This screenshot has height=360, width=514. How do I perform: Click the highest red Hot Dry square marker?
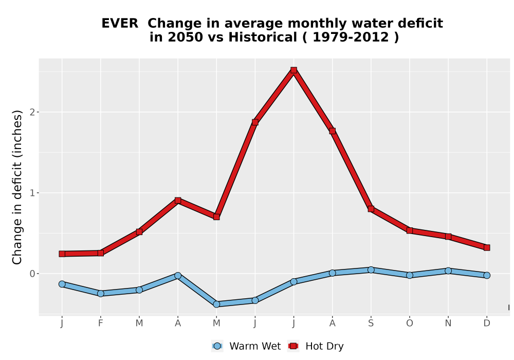[x=293, y=70]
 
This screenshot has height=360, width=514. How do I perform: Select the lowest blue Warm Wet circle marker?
[x=216, y=304]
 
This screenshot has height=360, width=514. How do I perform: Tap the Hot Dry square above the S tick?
[x=371, y=209]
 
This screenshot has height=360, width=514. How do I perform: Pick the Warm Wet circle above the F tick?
[x=101, y=294]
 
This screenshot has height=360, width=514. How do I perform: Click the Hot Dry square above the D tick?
[x=487, y=247]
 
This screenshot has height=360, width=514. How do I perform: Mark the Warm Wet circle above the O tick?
[x=410, y=275]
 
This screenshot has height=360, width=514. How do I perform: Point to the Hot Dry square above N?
[x=448, y=237]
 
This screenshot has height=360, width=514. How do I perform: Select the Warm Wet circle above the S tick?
[x=371, y=270]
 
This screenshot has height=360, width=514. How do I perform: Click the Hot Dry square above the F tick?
[x=101, y=253]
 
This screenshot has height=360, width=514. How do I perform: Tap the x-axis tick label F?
[x=101, y=323]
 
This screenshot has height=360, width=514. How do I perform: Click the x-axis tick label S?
[x=371, y=323]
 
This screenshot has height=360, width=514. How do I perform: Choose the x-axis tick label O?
[x=410, y=323]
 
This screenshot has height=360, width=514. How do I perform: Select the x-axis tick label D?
[x=487, y=323]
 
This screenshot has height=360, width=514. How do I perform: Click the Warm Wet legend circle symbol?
[x=217, y=346]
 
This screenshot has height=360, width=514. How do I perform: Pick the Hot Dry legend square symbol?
[x=293, y=346]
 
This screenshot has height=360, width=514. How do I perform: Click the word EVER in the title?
[x=120, y=24]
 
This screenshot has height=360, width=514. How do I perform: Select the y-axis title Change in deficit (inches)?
[x=17, y=187]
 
